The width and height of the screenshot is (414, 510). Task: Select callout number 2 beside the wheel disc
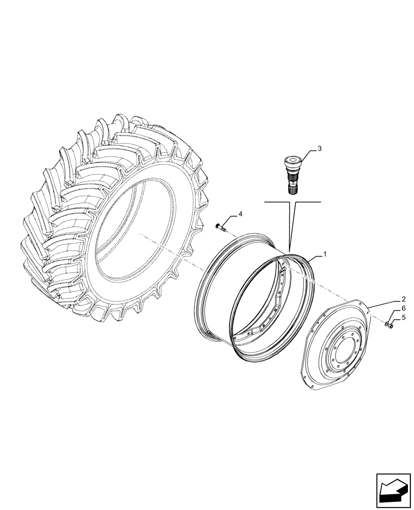404,299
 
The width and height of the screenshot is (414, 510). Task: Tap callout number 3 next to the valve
320,149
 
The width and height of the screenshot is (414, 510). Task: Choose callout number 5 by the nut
404,317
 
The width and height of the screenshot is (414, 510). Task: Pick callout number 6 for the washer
404,309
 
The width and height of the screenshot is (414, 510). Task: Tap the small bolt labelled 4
220,226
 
